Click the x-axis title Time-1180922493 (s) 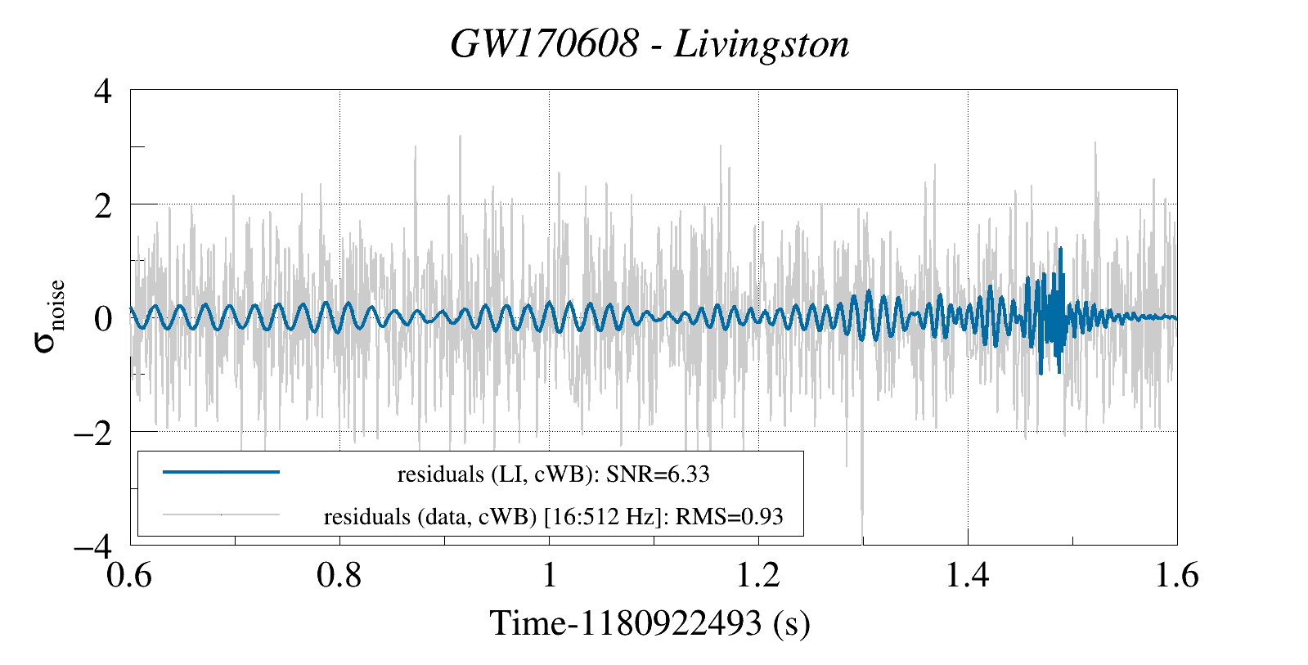point(650,623)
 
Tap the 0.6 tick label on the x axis point(130,575)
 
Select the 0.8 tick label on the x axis point(339,575)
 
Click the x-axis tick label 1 point(549,575)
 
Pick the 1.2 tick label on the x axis point(758,575)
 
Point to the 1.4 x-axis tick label point(968,575)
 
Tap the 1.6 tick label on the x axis point(1176,575)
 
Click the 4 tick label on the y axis point(103,91)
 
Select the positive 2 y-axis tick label point(103,204)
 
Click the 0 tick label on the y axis point(103,318)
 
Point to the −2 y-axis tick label point(92,432)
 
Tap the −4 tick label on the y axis point(92,545)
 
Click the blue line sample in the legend point(221,472)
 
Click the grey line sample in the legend point(221,515)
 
